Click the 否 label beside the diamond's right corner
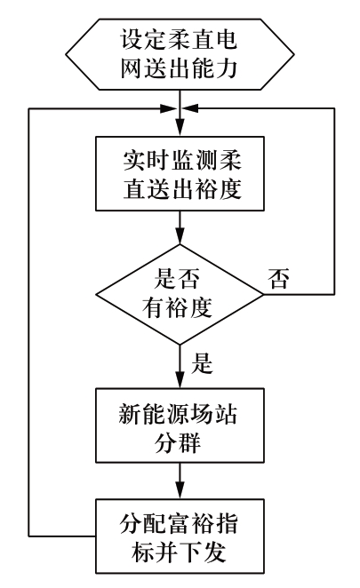[278, 279]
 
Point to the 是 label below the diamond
[202, 363]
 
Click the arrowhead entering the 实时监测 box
[180, 128]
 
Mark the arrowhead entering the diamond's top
[180, 236]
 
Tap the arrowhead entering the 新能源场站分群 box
[180, 379]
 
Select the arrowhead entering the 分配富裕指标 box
[180, 490]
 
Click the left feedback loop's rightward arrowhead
[169, 108]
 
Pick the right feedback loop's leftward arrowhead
[191, 108]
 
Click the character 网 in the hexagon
[132, 68]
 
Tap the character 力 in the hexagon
[227, 68]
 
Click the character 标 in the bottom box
[142, 552]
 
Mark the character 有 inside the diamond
[153, 307]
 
